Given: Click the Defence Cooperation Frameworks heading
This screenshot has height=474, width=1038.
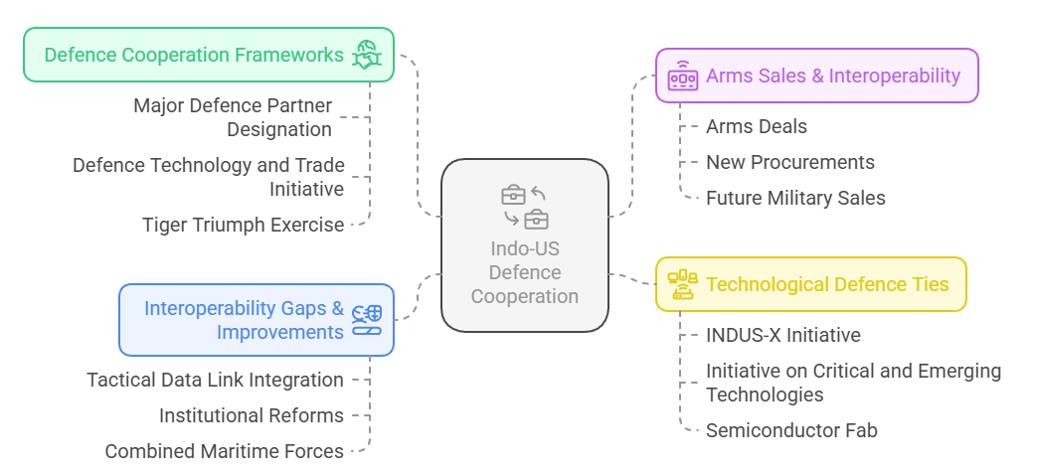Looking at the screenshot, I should click(194, 55).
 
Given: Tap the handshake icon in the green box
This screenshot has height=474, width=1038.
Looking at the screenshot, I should click(367, 56).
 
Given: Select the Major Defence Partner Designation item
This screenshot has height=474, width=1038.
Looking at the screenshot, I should click(233, 117).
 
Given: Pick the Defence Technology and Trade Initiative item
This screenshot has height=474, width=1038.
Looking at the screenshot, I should click(208, 177).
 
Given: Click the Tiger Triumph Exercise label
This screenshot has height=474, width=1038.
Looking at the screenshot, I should click(243, 225).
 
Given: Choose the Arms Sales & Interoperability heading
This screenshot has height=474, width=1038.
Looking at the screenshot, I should click(832, 76).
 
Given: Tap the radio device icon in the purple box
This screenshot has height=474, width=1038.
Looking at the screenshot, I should click(683, 76).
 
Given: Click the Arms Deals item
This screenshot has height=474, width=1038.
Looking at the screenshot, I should click(756, 126).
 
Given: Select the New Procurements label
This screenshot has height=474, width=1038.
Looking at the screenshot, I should click(789, 162).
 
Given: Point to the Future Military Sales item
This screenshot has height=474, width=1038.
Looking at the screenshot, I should click(795, 198).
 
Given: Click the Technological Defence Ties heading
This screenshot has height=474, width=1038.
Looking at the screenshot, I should click(827, 284).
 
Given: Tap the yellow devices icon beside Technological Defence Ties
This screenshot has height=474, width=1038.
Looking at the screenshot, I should click(683, 284).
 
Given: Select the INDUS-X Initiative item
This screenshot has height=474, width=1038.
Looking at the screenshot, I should click(782, 335).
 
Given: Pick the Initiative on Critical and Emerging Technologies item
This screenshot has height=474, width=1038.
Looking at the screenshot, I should click(853, 383).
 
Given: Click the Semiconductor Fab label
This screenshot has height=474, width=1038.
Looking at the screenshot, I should click(791, 430).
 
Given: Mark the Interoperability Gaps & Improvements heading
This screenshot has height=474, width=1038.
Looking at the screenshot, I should click(244, 320).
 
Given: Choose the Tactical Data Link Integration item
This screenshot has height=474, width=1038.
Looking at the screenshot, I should click(215, 380).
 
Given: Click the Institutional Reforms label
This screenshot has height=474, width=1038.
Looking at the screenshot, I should click(251, 415).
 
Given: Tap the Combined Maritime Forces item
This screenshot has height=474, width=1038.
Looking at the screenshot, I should click(224, 451).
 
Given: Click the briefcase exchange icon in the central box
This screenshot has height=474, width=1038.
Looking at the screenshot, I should click(525, 206).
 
